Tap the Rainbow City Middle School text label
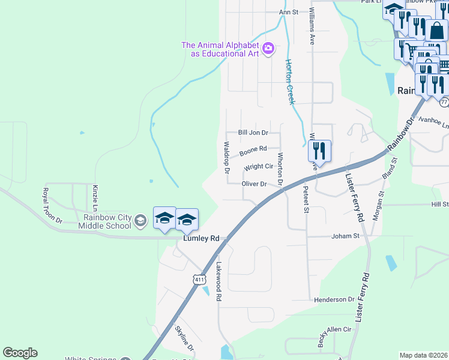pos(107,221)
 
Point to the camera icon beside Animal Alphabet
pos(269,47)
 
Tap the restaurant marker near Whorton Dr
pos(319,151)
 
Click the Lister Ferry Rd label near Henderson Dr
pos(363,298)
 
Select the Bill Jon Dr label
pos(253,132)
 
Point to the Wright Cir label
pos(259,166)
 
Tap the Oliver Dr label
pos(254,184)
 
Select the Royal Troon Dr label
pos(52,205)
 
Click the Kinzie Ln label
pos(95,197)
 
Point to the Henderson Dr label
pos(334,299)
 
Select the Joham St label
pos(345,236)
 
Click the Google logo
pos(20,353)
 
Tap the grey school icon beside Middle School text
pos(140,221)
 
